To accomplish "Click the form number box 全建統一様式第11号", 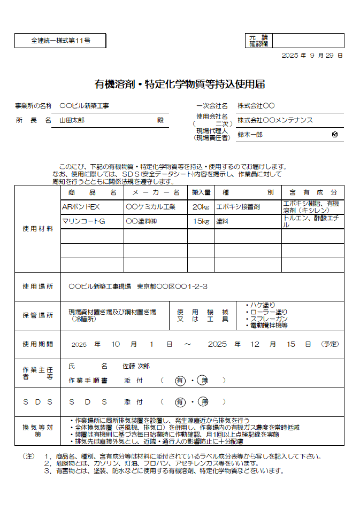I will (60, 41).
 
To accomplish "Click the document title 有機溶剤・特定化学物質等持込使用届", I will (180, 84).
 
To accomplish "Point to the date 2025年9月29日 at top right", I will (312, 56).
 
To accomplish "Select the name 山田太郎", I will (72, 120).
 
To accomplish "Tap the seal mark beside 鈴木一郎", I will (335, 135).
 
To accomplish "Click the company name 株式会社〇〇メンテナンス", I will (275, 120).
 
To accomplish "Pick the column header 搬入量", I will (201, 192).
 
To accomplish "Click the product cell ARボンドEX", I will (81, 207).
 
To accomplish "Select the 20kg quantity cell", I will (201, 207).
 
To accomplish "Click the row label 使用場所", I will (37, 286).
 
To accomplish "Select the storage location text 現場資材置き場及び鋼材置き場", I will (112, 312).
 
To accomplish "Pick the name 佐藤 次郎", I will (136, 366).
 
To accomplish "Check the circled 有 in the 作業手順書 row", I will (180, 381).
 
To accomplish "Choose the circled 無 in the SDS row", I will (203, 402).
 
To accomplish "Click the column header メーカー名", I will (156, 192).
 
